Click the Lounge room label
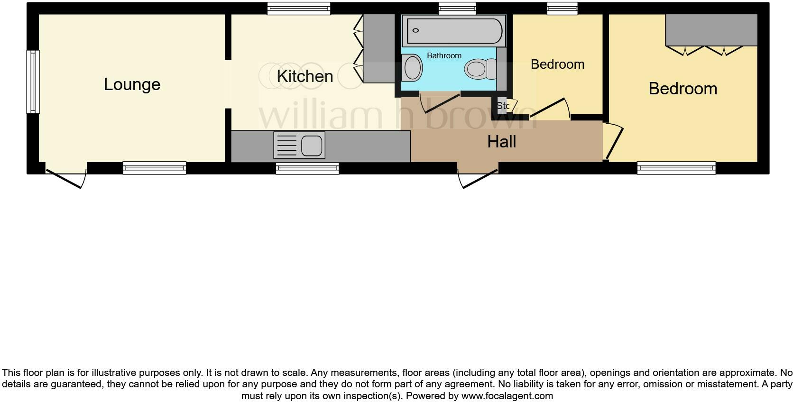[x=132, y=84]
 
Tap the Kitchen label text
[x=304, y=76]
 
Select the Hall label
[x=501, y=142]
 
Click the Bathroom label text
[x=444, y=55]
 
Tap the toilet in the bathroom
[x=477, y=69]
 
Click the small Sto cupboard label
[x=502, y=106]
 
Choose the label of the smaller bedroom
[x=557, y=64]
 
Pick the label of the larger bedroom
[x=682, y=89]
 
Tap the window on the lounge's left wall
[x=33, y=82]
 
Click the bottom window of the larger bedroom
[x=676, y=167]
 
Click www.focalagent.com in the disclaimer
[x=507, y=395]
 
